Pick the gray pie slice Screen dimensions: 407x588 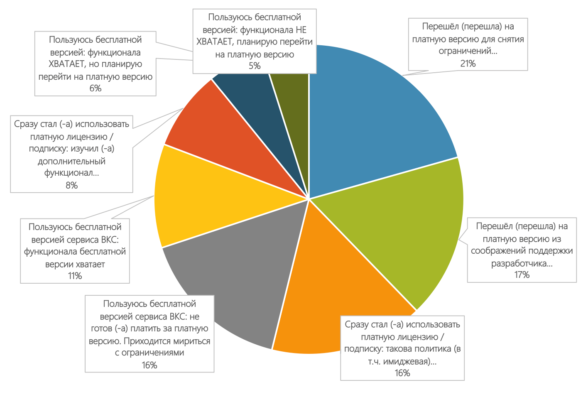pos(233,282)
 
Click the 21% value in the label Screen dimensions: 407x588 pos(468,64)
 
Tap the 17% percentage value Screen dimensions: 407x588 pos(522,275)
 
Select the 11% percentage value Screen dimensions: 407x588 pos(75,276)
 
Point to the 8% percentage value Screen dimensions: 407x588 pos(71,185)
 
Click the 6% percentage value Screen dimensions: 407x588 pos(95,88)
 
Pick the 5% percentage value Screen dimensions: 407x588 pos(254,66)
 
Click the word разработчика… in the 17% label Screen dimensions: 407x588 pos(522,263)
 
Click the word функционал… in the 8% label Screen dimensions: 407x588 pos(71,173)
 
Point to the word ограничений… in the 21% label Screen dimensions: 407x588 pos(468,51)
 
